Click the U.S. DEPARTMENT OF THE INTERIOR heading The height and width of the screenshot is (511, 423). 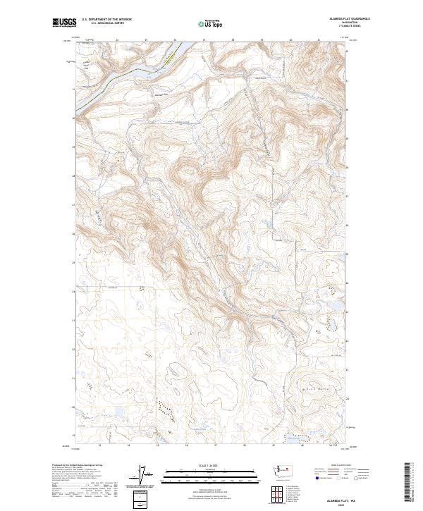pyautogui.click(x=106, y=20)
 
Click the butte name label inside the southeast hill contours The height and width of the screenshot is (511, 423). pyautogui.click(x=311, y=386)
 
